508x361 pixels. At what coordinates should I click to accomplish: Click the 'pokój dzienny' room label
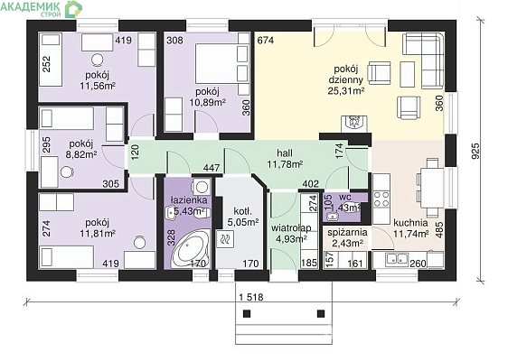point(345,74)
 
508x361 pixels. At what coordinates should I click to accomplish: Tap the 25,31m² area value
point(345,91)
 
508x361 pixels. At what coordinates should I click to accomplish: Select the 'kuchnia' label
point(410,223)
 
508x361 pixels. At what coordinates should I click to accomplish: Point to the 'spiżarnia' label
point(347,233)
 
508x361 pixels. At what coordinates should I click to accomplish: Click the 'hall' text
point(285,153)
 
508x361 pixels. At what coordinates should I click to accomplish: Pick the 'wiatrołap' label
point(291,228)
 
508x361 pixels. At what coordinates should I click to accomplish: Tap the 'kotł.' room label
point(242,212)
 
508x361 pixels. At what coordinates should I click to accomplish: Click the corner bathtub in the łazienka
point(189,249)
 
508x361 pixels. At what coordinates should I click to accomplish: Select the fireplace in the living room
point(354,124)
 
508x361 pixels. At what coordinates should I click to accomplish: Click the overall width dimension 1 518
point(251,297)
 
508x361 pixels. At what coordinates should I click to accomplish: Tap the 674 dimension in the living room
point(266,41)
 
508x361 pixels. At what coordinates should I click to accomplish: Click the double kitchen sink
point(396,259)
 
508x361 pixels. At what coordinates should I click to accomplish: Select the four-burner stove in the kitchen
point(381,199)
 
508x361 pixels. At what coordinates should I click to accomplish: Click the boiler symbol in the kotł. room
point(226,239)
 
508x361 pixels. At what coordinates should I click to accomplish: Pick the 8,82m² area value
point(81,154)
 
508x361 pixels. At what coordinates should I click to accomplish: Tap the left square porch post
point(247,313)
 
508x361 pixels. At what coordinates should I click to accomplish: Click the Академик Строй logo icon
point(73,9)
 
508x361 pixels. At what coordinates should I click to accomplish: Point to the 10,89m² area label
point(207,102)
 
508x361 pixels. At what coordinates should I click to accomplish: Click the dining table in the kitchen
point(432,188)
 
